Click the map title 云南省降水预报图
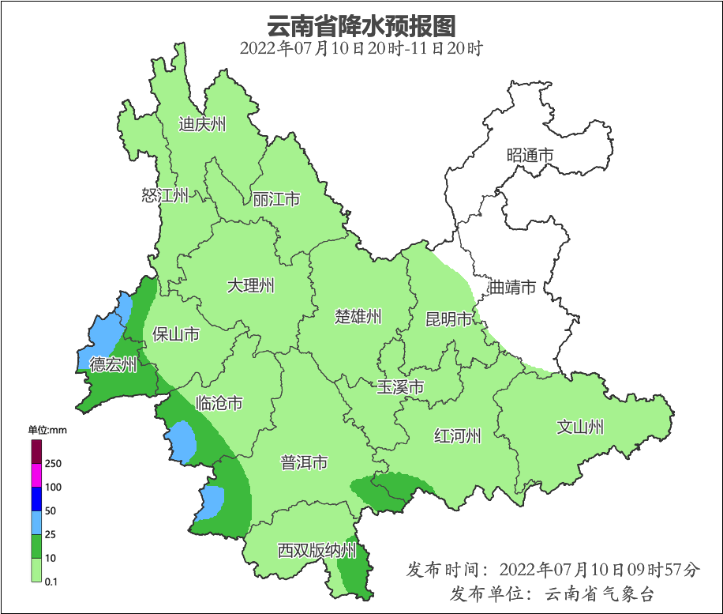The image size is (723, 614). (361, 25)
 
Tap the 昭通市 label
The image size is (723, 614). (530, 156)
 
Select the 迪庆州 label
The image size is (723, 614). (202, 125)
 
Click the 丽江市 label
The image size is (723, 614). (276, 199)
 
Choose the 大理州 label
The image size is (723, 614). (250, 286)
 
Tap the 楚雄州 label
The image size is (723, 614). (358, 317)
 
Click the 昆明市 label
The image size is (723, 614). (448, 319)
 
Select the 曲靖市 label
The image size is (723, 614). (512, 287)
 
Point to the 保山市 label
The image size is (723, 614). (175, 335)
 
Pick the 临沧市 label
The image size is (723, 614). (219, 404)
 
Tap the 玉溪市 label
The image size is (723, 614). (400, 387)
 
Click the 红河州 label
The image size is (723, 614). (457, 435)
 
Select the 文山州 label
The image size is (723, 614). (580, 428)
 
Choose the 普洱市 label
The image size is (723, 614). (304, 463)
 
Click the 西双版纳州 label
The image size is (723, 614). (317, 551)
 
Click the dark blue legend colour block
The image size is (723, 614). (36, 499)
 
